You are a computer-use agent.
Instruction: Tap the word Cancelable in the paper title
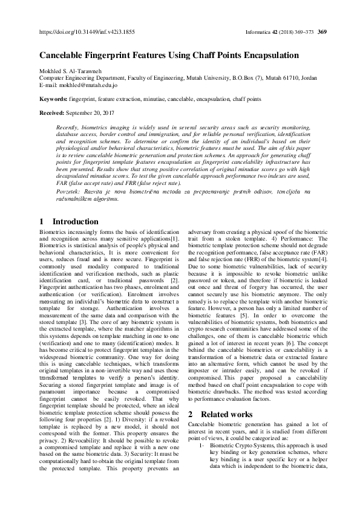63,55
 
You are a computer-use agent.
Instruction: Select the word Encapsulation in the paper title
268,55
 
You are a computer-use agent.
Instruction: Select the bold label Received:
53,113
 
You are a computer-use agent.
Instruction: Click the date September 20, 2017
94,113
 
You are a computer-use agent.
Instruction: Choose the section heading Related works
227,414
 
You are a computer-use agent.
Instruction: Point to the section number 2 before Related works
192,414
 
